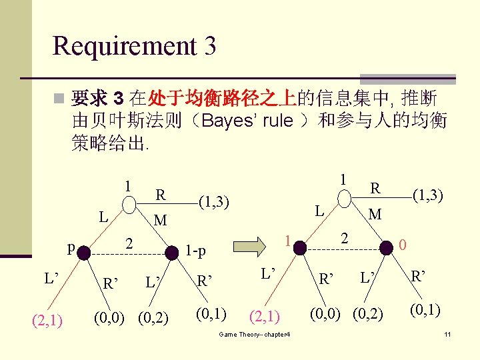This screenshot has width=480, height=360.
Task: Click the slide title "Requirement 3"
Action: click(134, 45)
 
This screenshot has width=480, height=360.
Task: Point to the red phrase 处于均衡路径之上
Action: click(223, 99)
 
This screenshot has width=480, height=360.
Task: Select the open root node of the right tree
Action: click(343, 199)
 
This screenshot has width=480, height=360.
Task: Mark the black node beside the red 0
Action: click(386, 247)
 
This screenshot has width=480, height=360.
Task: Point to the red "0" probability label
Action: click(403, 247)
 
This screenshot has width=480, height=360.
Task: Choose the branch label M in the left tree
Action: click(160, 220)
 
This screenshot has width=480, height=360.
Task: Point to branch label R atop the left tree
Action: click(160, 195)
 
